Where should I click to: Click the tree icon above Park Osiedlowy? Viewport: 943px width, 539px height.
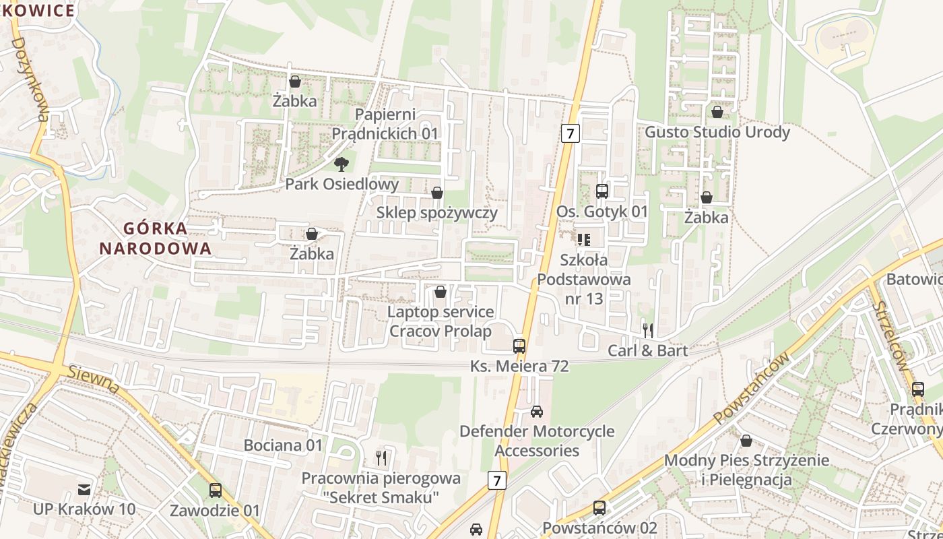pyautogui.click(x=342, y=164)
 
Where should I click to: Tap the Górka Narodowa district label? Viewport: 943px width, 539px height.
pyautogui.click(x=155, y=238)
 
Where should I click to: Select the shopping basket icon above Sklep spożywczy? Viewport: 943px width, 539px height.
pyautogui.click(x=437, y=193)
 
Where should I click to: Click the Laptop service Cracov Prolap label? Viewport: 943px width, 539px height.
pyautogui.click(x=441, y=321)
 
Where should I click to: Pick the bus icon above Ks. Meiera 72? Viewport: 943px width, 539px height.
pyautogui.click(x=519, y=346)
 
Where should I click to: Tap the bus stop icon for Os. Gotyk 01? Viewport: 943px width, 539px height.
pyautogui.click(x=602, y=191)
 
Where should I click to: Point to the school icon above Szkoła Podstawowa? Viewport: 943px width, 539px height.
pyautogui.click(x=584, y=239)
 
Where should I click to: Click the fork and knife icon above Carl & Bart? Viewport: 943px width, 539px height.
pyautogui.click(x=648, y=330)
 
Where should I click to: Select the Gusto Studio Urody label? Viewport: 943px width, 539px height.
pyautogui.click(x=717, y=131)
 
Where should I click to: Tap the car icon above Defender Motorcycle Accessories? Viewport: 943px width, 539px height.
pyautogui.click(x=537, y=411)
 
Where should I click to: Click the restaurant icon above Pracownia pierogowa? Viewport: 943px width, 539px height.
pyautogui.click(x=381, y=458)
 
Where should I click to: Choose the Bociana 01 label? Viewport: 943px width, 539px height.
pyautogui.click(x=283, y=445)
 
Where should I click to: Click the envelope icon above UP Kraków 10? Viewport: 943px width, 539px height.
pyautogui.click(x=84, y=489)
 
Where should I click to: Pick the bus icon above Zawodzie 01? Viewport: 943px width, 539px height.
pyautogui.click(x=216, y=490)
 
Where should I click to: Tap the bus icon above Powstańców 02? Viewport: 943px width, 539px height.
pyautogui.click(x=599, y=508)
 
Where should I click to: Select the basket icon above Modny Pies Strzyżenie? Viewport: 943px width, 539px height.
pyautogui.click(x=746, y=441)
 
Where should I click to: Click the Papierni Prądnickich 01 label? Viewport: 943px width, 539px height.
pyautogui.click(x=385, y=124)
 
